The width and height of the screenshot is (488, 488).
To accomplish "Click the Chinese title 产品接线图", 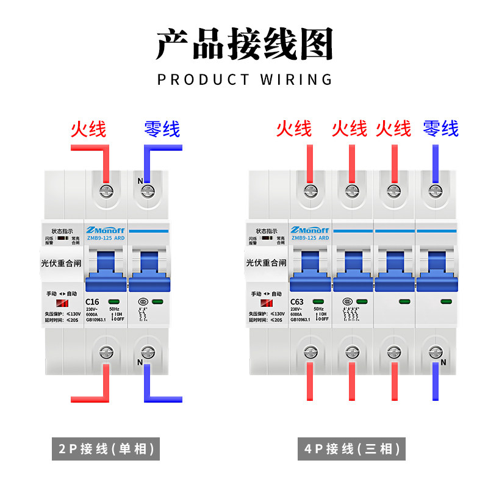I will [244, 44].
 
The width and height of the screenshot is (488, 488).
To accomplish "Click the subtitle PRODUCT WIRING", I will [245, 79].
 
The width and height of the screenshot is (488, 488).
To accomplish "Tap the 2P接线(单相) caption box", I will [105, 450].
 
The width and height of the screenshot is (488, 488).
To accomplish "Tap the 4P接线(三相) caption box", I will [353, 450].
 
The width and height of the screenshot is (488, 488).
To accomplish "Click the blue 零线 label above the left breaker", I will [162, 129].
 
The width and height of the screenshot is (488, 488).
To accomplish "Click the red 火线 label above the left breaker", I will [88, 129].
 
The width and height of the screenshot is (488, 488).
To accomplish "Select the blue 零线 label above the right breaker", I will [440, 129].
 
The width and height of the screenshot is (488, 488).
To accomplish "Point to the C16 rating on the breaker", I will [92, 301].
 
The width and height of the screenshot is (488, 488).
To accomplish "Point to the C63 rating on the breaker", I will [297, 301].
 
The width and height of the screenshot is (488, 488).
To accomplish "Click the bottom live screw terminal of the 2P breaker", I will [106, 352].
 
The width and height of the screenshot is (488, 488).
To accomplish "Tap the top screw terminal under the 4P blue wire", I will [435, 191].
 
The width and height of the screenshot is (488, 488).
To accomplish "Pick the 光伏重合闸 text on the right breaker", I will [266, 263].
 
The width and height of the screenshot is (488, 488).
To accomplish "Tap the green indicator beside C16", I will [114, 301].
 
